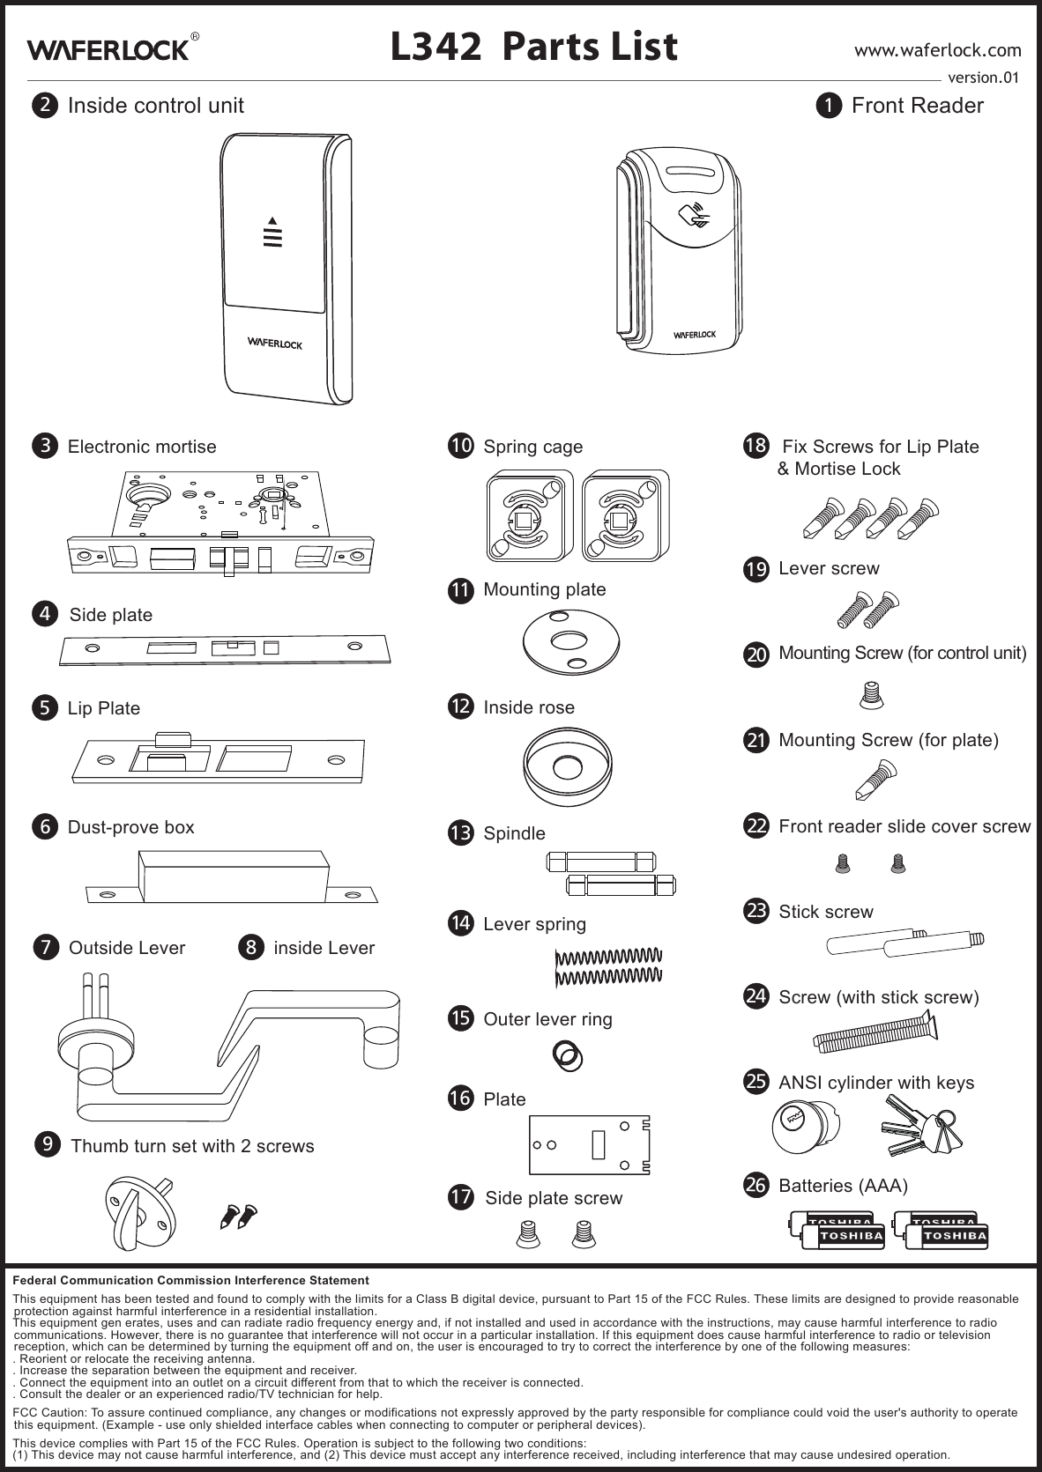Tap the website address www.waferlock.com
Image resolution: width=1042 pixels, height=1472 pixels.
point(938,49)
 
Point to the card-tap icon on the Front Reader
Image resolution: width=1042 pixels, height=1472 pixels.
point(694,214)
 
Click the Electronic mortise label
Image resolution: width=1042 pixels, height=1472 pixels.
point(142,447)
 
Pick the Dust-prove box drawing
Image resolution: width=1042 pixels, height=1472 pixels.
point(232,876)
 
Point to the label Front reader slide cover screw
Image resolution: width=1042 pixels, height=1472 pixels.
point(904,826)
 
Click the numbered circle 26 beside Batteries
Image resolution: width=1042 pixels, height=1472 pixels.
point(755,1185)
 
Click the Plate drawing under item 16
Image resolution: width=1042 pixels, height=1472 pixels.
point(588,1144)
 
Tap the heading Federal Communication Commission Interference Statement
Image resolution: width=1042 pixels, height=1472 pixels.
point(191,1279)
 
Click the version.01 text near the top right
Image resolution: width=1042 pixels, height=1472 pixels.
point(982,78)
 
